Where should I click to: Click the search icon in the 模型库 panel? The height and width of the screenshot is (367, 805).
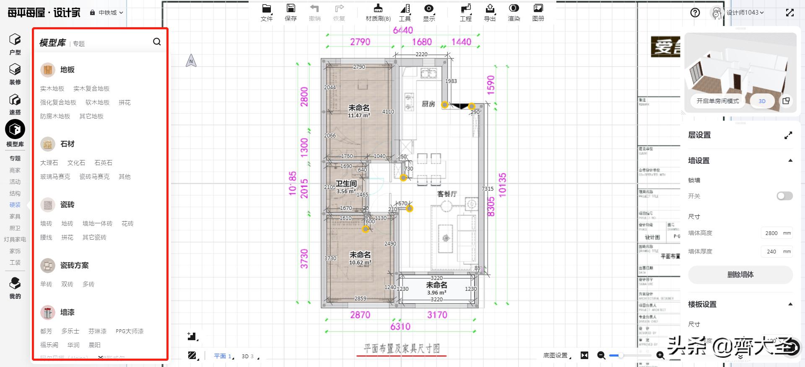(157, 42)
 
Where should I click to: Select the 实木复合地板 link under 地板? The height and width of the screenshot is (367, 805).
(91, 89)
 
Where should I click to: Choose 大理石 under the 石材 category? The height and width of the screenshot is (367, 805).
(49, 163)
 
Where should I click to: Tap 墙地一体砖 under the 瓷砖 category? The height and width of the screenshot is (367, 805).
(97, 224)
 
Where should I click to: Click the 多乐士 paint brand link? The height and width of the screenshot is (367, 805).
(70, 331)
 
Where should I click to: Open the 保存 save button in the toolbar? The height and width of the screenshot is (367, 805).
(291, 13)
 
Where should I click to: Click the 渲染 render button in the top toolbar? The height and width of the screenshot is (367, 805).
(514, 13)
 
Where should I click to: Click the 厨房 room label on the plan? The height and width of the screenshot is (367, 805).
(428, 104)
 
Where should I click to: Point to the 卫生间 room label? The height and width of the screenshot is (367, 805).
(346, 183)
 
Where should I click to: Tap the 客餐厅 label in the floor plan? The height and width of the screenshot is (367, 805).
(447, 194)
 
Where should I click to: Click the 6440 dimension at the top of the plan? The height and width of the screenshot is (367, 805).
(402, 30)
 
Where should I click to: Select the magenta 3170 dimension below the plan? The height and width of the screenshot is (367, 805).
(437, 315)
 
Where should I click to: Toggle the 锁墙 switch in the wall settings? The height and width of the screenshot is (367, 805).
(784, 196)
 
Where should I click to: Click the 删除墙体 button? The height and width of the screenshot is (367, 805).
(740, 275)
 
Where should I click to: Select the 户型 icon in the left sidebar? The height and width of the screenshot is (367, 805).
(15, 44)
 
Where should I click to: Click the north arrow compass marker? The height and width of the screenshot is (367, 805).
(191, 61)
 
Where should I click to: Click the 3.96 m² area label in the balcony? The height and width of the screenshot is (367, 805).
(436, 293)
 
